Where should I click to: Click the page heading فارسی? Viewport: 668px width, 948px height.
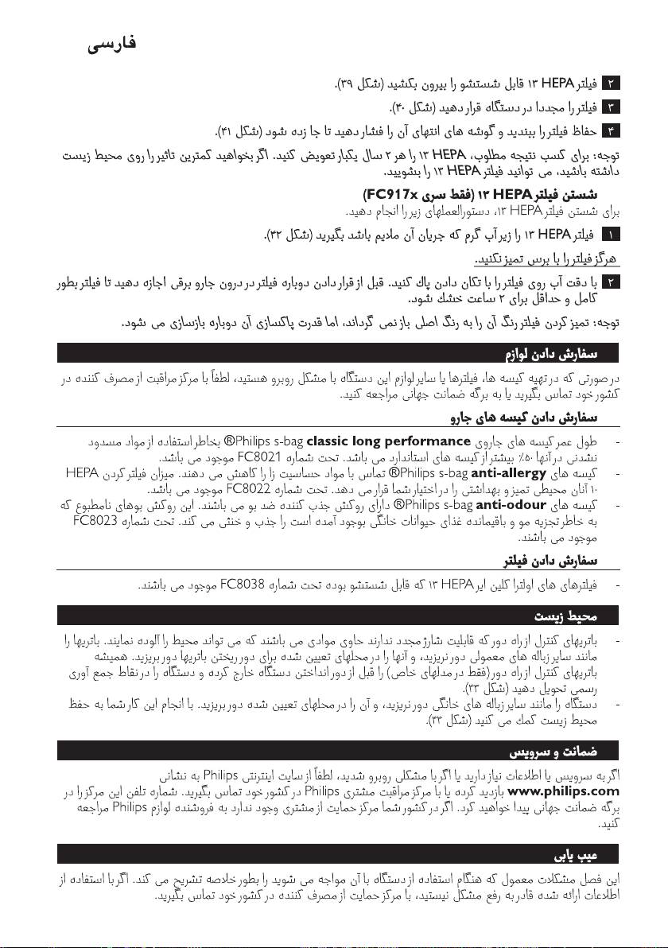tap(111, 45)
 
